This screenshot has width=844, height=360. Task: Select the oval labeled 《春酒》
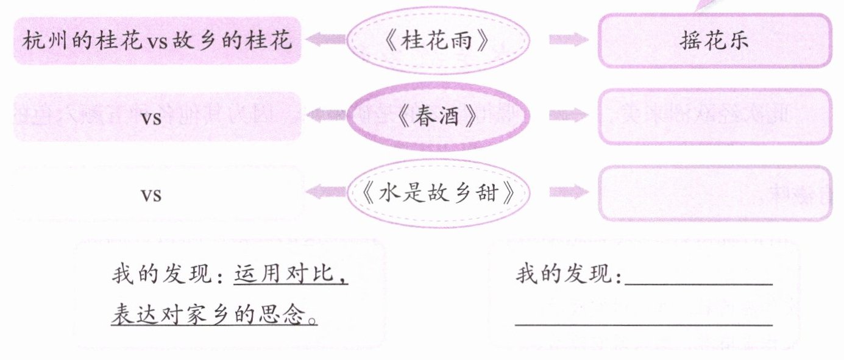tap(436, 117)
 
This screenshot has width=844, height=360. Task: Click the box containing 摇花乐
tap(714, 40)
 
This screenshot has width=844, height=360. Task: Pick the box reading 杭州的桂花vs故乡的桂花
tap(157, 41)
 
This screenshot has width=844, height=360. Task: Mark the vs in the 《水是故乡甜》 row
tap(151, 195)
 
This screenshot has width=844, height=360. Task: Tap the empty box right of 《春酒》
tap(714, 117)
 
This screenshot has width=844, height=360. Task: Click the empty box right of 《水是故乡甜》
tap(714, 193)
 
